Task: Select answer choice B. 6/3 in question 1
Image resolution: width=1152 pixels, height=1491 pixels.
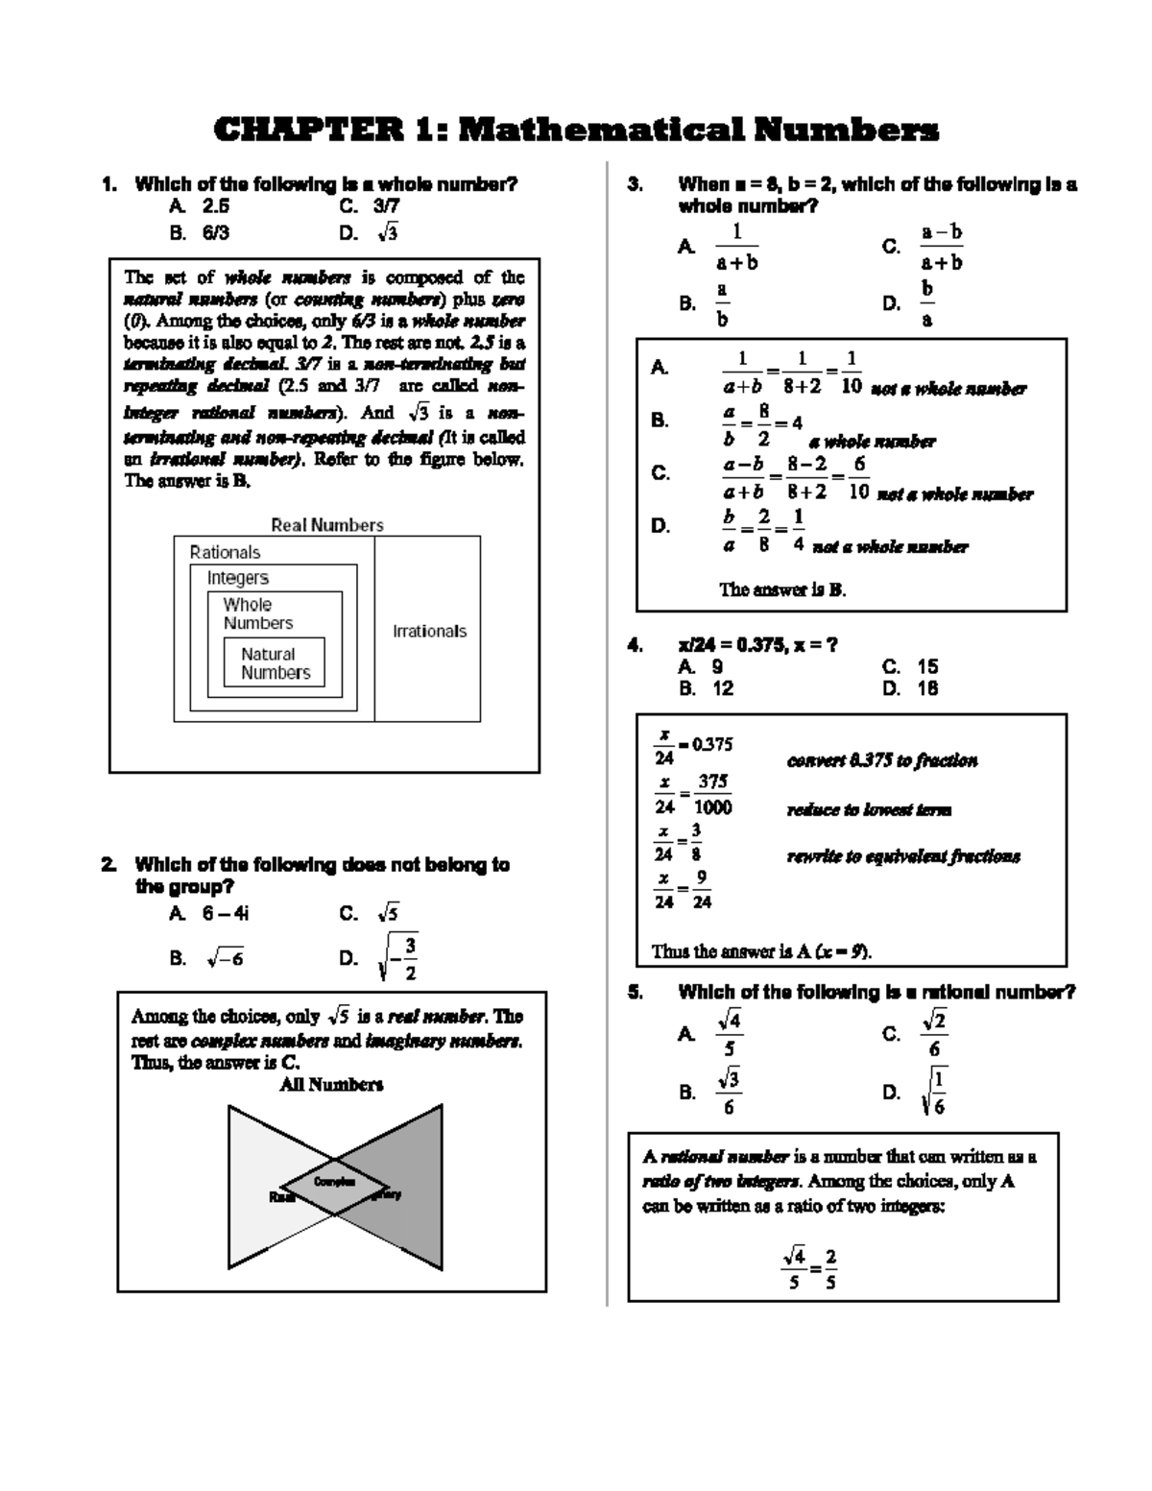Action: pos(200,233)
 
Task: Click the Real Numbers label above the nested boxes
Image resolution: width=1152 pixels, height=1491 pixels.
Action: pos(326,525)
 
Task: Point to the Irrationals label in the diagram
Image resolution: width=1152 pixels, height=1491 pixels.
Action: pos(429,631)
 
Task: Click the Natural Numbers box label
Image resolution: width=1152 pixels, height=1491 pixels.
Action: pos(276,663)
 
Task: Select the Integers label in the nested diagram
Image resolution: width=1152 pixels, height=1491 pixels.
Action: pos(238,578)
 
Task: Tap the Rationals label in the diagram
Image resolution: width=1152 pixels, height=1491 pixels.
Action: pos(225,552)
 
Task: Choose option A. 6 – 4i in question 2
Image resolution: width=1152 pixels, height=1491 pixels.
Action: pos(209,914)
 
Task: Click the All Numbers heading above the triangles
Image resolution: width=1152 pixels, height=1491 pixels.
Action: pos(331,1085)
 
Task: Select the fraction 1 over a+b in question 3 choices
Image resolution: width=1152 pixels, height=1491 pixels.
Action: pos(736,248)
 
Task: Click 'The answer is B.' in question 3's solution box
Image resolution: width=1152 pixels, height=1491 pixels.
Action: pos(782,589)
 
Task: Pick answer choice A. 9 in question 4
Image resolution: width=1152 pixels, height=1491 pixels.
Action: pos(701,666)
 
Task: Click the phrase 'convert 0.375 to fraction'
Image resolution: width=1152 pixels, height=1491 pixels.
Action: pos(882,760)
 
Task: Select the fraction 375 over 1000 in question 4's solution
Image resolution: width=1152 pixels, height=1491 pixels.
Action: pos(712,795)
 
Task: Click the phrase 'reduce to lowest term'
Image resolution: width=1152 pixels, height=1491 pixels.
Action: pos(869,809)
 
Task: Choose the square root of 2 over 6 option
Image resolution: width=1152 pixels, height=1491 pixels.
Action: pos(934,1034)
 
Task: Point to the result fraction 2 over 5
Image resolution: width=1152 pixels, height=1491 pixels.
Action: pos(830,1268)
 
